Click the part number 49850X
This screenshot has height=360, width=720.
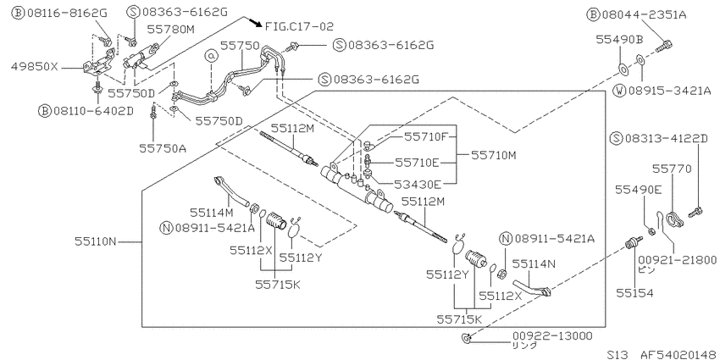(34, 67)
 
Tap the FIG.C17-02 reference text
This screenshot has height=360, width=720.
(299, 26)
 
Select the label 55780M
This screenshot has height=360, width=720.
(171, 30)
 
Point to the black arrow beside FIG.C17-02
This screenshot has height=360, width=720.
(256, 22)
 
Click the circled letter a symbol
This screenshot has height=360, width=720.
(211, 56)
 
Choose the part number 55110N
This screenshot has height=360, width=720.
(96, 241)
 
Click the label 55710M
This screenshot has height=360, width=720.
(494, 156)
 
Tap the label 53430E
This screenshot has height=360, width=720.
(418, 185)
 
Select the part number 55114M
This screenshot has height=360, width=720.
(212, 212)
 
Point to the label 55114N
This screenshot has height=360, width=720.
(534, 263)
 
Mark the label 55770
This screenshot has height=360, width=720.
(672, 169)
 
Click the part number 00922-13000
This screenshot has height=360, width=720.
(552, 335)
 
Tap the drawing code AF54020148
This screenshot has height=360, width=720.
(678, 354)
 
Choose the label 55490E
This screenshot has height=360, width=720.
(639, 189)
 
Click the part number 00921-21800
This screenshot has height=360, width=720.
(678, 260)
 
